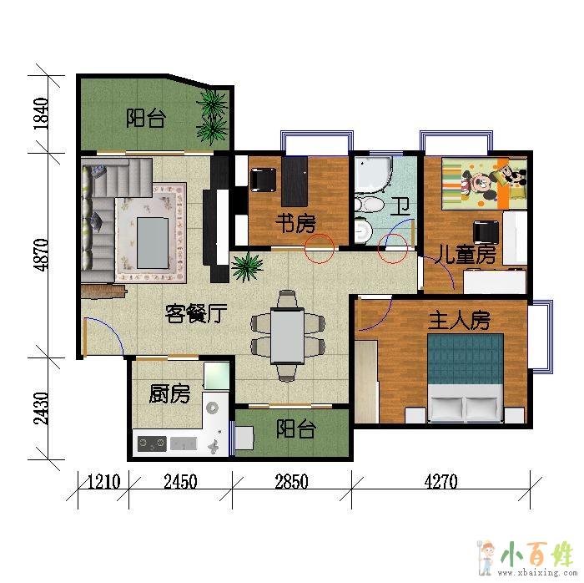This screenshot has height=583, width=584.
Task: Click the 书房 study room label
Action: pyautogui.click(x=295, y=223)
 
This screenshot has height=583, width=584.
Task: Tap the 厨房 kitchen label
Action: pyautogui.click(x=169, y=394)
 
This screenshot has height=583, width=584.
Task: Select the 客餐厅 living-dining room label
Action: pyautogui.click(x=196, y=313)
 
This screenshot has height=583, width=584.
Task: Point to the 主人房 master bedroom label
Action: pyautogui.click(x=459, y=321)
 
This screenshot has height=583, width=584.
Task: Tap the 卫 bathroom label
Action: pyautogui.click(x=400, y=207)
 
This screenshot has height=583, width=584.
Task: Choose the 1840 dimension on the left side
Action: pyautogui.click(x=41, y=114)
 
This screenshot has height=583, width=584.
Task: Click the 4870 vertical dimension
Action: pyautogui.click(x=41, y=255)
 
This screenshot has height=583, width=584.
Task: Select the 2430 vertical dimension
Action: pyautogui.click(x=41, y=408)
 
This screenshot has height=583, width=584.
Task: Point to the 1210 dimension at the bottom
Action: pyautogui.click(x=104, y=482)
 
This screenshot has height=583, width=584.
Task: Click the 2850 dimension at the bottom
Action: pyautogui.click(x=292, y=482)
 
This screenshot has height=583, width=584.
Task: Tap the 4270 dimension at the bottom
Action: pyautogui.click(x=441, y=482)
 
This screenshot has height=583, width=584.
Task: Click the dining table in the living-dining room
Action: pyautogui.click(x=287, y=335)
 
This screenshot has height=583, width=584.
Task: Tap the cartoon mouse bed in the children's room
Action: pyautogui.click(x=485, y=184)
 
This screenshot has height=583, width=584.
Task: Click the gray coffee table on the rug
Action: pyautogui.click(x=153, y=243)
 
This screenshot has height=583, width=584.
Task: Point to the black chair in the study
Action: pyautogui.click(x=264, y=180)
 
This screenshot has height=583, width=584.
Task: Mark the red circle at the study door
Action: pyautogui.click(x=320, y=249)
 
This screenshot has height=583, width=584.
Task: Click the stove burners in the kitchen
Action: pyautogui.click(x=152, y=444)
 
